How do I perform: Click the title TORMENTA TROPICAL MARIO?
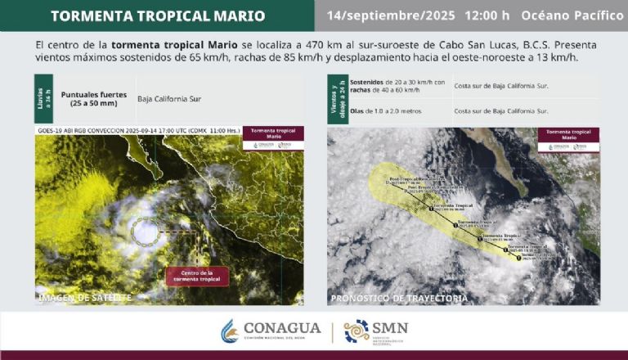[x=157, y=16]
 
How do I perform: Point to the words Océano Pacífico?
[x=572, y=16]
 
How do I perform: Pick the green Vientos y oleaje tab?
[x=333, y=98]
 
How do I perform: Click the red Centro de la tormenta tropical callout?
[x=197, y=276]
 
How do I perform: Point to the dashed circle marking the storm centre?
[x=146, y=232]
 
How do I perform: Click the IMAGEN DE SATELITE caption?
[x=86, y=298]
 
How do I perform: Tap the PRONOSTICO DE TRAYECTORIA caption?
[x=398, y=298]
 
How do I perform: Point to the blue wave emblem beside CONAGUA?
[x=230, y=331]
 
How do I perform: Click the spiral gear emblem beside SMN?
[x=356, y=331]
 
